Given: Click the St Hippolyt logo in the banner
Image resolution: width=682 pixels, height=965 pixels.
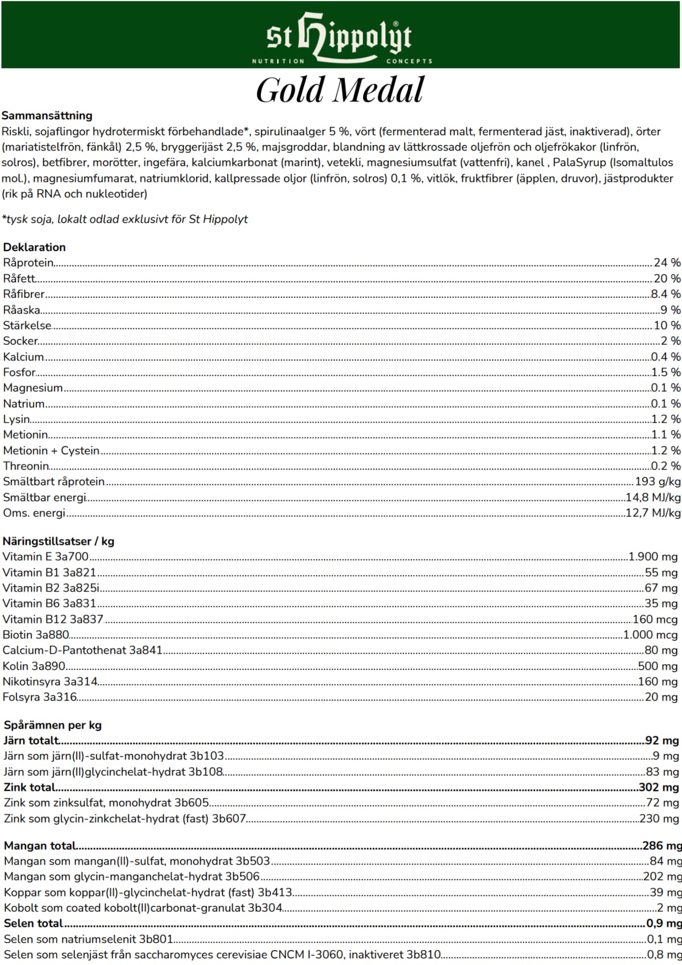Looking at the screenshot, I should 341,38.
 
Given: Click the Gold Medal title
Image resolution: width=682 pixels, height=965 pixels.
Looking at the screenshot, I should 340,90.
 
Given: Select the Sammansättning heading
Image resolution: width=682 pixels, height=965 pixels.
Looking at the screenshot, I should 47,115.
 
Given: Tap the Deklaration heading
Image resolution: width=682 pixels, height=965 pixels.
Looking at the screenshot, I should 34,247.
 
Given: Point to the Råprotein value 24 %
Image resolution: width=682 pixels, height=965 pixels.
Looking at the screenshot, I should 667,262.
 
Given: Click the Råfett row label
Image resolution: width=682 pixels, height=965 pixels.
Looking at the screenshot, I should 19,278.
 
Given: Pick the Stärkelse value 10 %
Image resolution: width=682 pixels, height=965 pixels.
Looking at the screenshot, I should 667,325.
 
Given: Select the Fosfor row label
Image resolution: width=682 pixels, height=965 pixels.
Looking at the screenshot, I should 20,372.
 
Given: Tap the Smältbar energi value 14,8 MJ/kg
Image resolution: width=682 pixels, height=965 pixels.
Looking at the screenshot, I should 653,497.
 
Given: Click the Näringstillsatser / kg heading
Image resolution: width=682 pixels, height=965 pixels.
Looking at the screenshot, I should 58,541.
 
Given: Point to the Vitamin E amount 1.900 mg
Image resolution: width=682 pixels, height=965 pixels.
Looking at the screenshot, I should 653,556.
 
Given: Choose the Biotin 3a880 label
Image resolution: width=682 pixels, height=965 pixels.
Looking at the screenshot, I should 36,634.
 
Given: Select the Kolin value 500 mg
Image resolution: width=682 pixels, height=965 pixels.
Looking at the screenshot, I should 658,666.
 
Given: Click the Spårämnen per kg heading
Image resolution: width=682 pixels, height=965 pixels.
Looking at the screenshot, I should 53,725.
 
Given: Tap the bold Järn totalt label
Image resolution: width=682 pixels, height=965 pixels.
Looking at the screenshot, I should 32,740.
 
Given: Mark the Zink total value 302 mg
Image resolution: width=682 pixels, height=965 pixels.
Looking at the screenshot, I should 659,787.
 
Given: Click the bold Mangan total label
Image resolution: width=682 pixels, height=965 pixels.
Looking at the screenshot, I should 41,845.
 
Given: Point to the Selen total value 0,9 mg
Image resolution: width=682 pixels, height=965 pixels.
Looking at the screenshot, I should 664,923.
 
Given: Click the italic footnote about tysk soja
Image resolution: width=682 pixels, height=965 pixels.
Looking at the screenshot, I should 125,219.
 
